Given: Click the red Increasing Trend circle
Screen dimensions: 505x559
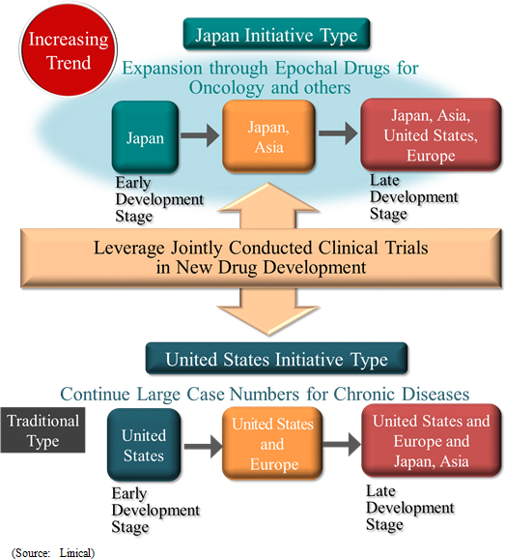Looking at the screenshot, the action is coord(68,50).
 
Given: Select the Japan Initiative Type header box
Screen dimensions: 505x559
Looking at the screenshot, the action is coord(276,34).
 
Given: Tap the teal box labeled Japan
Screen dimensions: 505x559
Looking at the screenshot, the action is coord(145,137).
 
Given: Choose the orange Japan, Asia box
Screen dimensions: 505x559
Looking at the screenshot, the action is coord(268,136).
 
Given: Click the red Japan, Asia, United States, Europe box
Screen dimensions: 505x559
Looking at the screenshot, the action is coord(431,134).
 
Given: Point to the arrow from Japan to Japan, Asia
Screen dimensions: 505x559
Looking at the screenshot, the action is coord(200,135).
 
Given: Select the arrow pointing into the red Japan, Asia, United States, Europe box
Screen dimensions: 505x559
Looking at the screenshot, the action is coord(338,133).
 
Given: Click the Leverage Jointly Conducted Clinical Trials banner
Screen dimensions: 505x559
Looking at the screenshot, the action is coord(261,258).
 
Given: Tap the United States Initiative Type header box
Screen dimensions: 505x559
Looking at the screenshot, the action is coord(276,359).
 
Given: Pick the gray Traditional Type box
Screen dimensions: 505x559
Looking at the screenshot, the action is coord(42,430).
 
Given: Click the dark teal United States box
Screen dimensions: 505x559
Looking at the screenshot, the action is coord(144,445).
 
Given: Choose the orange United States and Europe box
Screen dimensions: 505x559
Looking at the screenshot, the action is coord(272,444).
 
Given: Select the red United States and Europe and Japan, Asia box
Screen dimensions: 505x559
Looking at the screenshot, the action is coord(432,441).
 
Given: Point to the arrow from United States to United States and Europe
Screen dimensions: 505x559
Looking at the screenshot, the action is coord(203,447).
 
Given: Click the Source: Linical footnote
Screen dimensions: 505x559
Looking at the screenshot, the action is coord(53,552).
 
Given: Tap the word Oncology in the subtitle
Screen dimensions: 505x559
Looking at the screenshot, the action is coord(227,88).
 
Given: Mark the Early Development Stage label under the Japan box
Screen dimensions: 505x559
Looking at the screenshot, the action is coord(159,199).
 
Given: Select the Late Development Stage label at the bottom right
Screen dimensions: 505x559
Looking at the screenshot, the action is coord(410,508).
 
